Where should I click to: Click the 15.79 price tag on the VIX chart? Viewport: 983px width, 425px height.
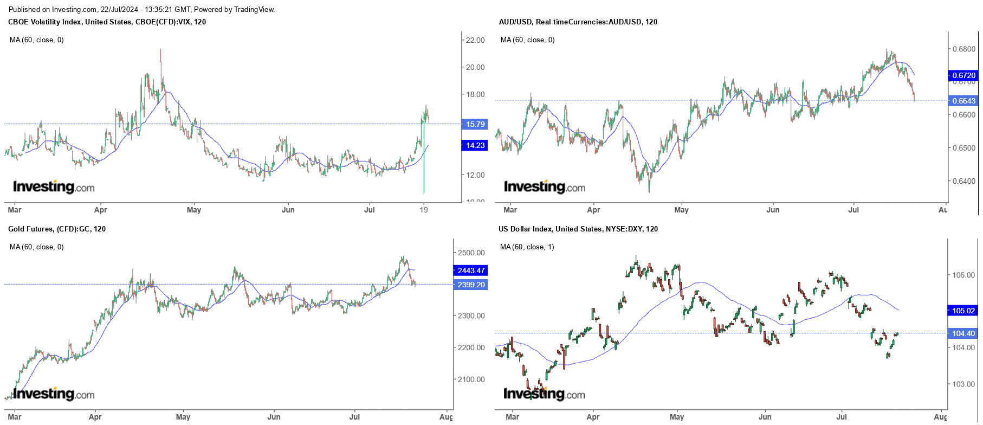pyautogui.click(x=475, y=124)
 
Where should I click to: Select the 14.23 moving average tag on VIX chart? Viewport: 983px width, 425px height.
pyautogui.click(x=475, y=145)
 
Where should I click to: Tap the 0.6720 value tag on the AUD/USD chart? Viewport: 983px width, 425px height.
pyautogui.click(x=963, y=75)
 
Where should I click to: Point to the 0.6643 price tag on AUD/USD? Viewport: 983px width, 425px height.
pyautogui.click(x=963, y=101)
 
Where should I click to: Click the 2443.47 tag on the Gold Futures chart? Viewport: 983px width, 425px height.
pyautogui.click(x=470, y=271)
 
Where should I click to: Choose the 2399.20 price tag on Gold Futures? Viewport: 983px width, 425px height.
pyautogui.click(x=470, y=285)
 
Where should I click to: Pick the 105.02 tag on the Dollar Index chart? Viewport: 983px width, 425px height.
pyautogui.click(x=963, y=311)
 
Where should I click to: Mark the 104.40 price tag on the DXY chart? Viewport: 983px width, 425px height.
pyautogui.click(x=963, y=333)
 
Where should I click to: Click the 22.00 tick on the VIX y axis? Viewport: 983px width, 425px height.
pyautogui.click(x=475, y=40)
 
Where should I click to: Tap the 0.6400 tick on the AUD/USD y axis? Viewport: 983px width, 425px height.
pyautogui.click(x=963, y=181)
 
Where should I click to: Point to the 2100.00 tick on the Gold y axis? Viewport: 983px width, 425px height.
pyautogui.click(x=471, y=379)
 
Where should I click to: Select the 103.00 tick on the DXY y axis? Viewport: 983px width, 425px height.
pyautogui.click(x=963, y=384)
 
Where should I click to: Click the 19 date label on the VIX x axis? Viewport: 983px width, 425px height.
pyautogui.click(x=424, y=210)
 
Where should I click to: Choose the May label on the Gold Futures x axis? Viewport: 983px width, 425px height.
pyautogui.click(x=183, y=417)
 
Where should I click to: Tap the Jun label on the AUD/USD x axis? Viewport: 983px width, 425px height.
pyautogui.click(x=773, y=210)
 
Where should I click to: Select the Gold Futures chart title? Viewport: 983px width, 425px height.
pyautogui.click(x=57, y=229)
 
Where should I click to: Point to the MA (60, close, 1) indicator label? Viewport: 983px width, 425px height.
pyautogui.click(x=527, y=247)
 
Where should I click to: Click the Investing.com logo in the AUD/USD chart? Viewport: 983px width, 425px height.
pyautogui.click(x=545, y=187)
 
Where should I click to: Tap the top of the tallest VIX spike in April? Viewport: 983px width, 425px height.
pyautogui.click(x=160, y=50)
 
